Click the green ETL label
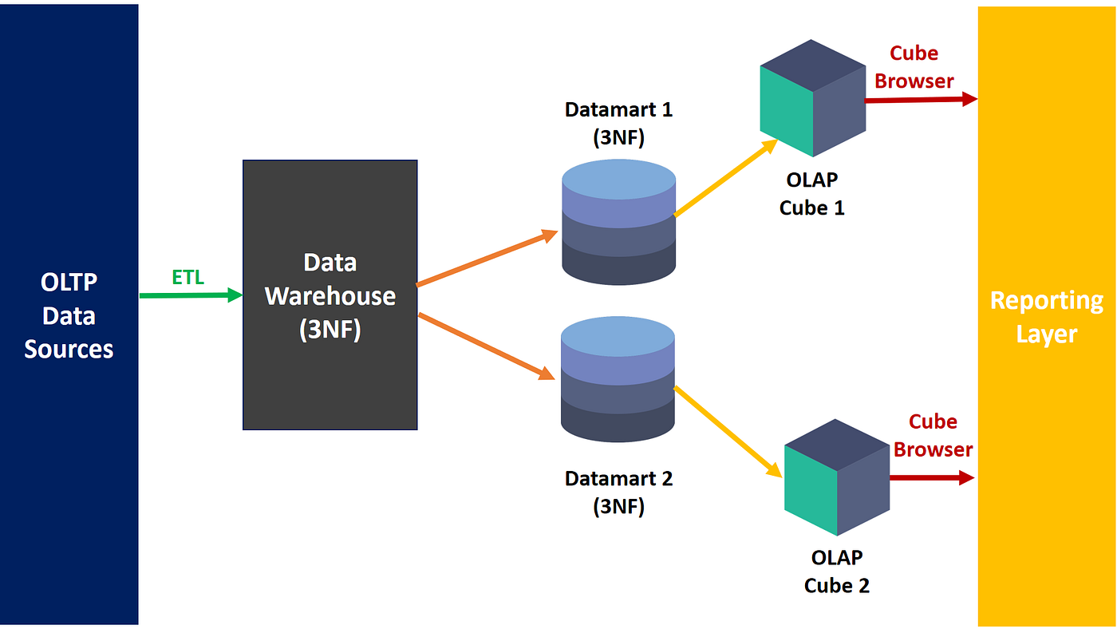coord(188,277)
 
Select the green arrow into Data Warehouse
coord(190,295)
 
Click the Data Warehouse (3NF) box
coord(330,295)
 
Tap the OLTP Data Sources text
coord(69,315)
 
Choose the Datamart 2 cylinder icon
coord(618,379)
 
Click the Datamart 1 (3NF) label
coord(618,123)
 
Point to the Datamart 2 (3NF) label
coord(618,493)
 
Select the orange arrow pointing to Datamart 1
coord(487,259)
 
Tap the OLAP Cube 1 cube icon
coord(813,97)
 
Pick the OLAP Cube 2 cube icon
coord(837,477)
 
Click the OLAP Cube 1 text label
coord(811,193)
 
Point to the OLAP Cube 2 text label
coord(837,571)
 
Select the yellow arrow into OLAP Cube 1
coord(726,178)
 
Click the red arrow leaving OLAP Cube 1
coord(922,100)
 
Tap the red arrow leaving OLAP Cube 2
coord(932,477)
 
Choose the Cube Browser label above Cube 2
coord(933,435)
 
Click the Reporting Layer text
coord(1047,316)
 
